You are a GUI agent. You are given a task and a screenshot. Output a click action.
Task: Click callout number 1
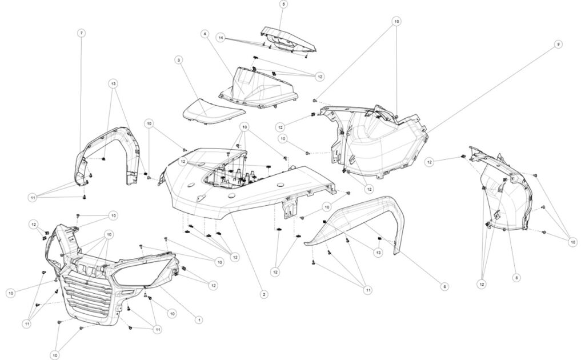point(199,319)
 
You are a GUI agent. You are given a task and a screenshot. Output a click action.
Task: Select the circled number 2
point(263,294)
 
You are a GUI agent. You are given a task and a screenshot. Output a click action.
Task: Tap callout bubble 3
point(179,59)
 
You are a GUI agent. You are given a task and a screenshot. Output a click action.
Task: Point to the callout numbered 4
point(204,34)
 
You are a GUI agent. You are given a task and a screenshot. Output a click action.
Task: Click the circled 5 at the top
point(284,4)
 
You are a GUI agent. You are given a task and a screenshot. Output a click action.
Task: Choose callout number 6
point(444,286)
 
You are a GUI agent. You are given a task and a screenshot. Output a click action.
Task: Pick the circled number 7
point(82,33)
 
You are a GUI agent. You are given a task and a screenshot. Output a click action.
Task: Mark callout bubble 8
point(516,278)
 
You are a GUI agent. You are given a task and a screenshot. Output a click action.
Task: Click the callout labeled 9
point(558,44)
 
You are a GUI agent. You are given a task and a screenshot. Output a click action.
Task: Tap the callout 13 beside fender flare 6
point(378,251)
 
